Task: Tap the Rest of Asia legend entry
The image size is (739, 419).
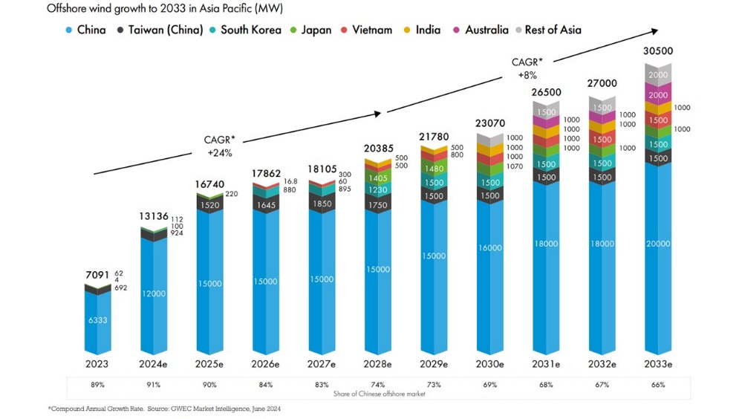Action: coord(547,30)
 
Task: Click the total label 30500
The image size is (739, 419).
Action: coord(659,52)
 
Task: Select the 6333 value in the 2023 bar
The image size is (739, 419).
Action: coord(97,320)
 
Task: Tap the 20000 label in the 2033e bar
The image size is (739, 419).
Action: coord(658,244)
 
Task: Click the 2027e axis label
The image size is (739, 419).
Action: coord(322,364)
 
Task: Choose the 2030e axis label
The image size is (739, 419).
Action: coord(490,364)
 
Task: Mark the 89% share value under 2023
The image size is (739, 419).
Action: coord(97,385)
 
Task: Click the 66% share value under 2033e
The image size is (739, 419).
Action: coord(657,385)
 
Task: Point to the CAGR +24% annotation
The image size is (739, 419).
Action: coord(219,146)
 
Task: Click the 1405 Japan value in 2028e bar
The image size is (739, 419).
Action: coord(378,178)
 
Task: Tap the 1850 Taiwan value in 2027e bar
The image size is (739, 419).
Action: coord(322,204)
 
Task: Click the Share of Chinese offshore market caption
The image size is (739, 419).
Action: coord(377,393)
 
